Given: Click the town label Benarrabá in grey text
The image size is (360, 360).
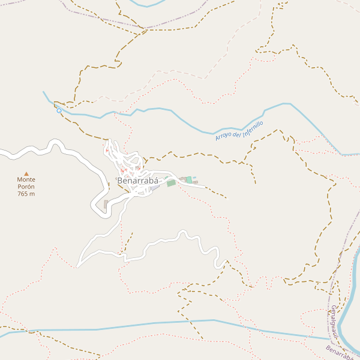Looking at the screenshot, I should pyautogui.click(x=137, y=180).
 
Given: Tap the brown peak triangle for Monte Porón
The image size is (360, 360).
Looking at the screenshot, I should pyautogui.click(x=26, y=173).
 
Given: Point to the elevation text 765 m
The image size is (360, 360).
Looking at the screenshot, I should pyautogui.click(x=26, y=194).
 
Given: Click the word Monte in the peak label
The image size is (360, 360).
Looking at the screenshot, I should pyautogui.click(x=26, y=179).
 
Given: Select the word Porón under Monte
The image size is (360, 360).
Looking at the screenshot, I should pyautogui.click(x=26, y=187).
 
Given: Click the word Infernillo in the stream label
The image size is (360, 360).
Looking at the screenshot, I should pyautogui.click(x=253, y=127).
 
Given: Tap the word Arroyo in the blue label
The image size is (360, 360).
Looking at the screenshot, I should pyautogui.click(x=223, y=137).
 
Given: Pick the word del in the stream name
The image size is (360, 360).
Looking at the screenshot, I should pyautogui.click(x=237, y=133).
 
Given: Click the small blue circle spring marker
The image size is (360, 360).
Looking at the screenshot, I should pyautogui.click(x=59, y=110).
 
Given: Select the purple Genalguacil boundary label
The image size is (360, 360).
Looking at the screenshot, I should pyautogui.click(x=334, y=325).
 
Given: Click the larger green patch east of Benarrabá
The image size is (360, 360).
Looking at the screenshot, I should pyautogui.click(x=172, y=183).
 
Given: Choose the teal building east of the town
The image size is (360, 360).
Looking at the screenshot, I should pyautogui.click(x=189, y=179).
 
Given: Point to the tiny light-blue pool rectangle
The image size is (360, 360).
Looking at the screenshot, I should pyautogui.click(x=194, y=178).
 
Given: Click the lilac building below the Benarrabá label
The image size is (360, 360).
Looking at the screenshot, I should pyautogui.click(x=155, y=188).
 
